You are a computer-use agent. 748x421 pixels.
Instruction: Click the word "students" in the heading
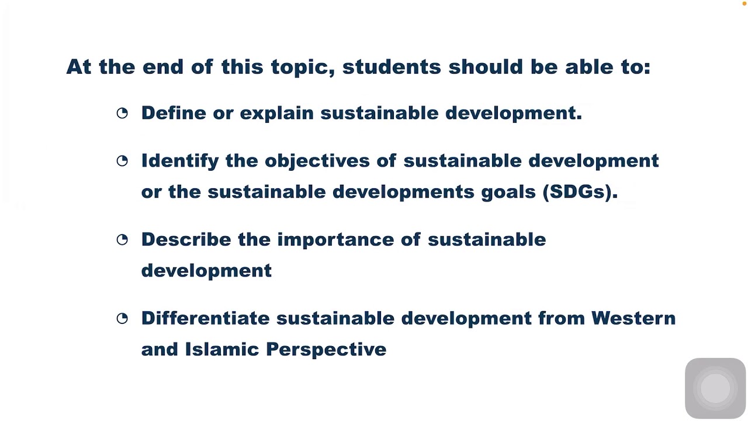point(391,67)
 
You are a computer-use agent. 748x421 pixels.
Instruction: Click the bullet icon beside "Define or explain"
point(122,113)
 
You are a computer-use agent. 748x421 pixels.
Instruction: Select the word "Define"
point(174,113)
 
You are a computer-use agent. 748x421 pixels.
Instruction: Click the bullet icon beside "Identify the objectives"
point(122,161)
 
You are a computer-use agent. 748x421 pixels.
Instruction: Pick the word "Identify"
point(179,161)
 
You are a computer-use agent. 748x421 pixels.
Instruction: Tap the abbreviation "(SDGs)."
point(580,192)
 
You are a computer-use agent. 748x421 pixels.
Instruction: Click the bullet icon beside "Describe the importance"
point(122,240)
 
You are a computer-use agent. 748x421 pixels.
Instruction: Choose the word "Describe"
point(186,239)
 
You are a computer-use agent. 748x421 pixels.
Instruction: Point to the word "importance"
point(335,240)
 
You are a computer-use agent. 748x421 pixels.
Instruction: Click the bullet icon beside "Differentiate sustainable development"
point(122,319)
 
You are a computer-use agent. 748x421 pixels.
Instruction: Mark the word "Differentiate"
point(205,318)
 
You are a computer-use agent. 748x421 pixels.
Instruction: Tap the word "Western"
point(633,318)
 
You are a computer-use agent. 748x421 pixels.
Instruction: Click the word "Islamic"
point(221,349)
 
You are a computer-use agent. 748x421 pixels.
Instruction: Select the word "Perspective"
point(325,350)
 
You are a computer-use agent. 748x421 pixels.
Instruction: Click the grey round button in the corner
point(715,388)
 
